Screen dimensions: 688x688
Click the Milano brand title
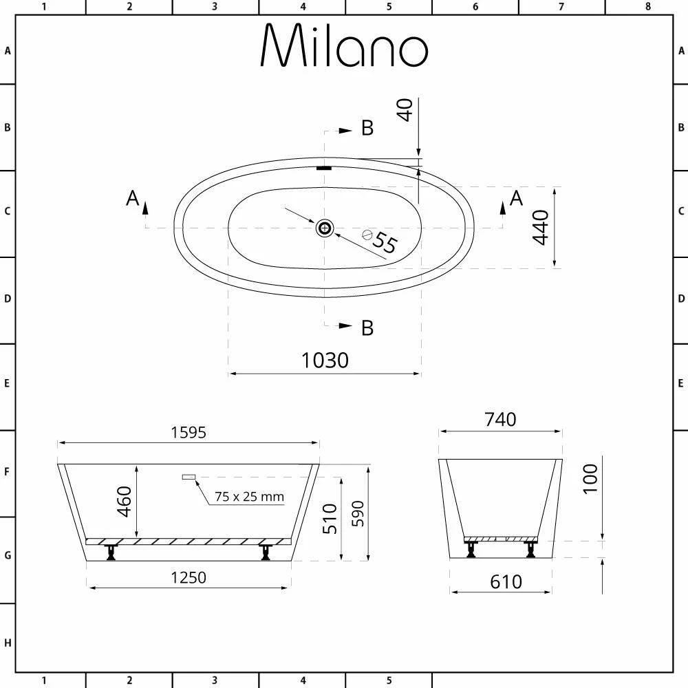344,47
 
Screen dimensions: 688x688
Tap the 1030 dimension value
325,360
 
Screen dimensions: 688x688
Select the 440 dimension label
541,228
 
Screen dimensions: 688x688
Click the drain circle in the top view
324,228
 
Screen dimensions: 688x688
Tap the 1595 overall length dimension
188,432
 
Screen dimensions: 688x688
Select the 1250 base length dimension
188,577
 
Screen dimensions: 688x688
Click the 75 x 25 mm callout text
249,496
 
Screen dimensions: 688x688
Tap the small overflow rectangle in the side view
189,476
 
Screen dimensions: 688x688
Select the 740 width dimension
500,419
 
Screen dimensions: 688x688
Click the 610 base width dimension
506,581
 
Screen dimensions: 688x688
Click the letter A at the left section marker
133,198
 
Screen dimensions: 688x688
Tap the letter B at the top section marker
367,128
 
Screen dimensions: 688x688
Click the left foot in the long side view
110,551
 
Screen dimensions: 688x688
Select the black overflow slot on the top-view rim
324,167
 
